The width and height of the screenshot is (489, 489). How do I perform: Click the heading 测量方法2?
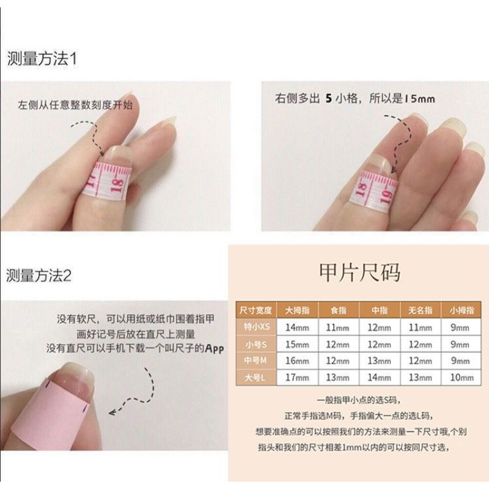[x=40, y=275]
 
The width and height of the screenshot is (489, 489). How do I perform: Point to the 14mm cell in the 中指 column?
[x=379, y=378]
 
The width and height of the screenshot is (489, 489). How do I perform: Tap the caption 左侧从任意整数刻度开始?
[x=75, y=105]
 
